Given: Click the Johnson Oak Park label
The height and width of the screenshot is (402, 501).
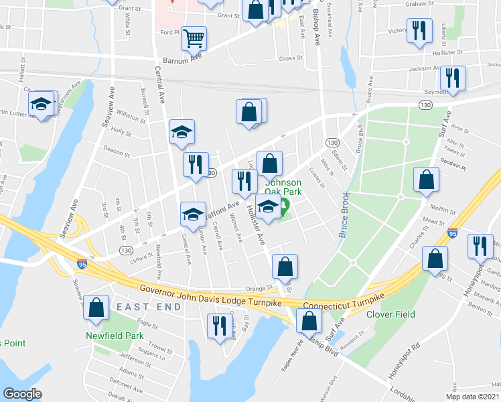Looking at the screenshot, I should click(x=284, y=187).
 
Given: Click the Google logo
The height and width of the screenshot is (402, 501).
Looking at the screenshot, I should click(x=22, y=394).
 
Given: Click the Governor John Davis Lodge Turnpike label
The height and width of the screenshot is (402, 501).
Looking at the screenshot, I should click(x=214, y=295).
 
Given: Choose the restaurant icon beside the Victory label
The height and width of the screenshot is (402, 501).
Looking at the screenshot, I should click(x=419, y=31).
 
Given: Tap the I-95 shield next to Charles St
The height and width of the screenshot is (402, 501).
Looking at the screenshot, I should click(x=453, y=234).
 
